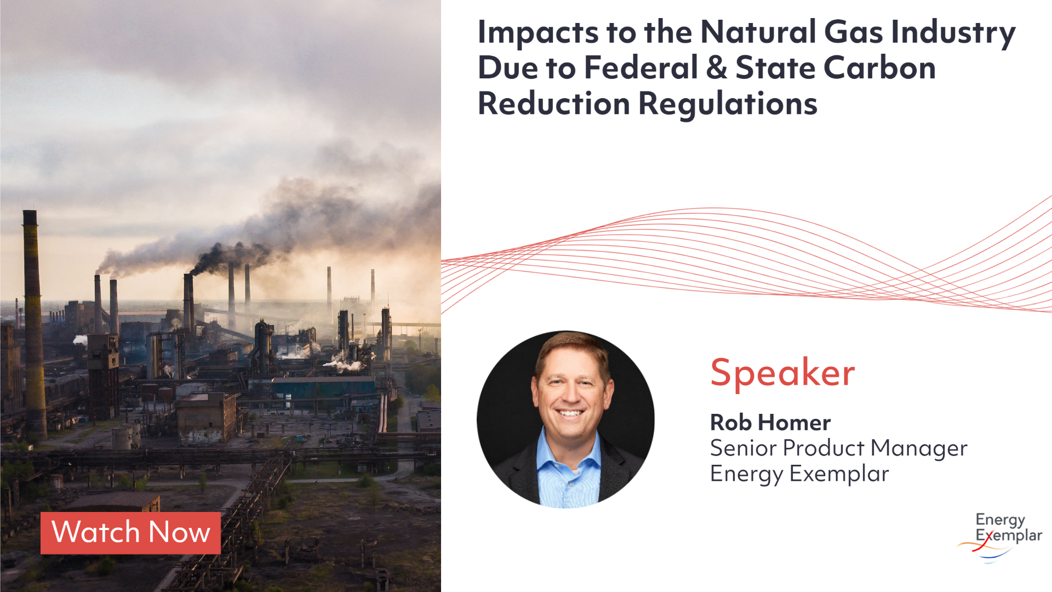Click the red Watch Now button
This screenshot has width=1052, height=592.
pos(130,533)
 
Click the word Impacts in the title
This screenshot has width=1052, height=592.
pos(538,32)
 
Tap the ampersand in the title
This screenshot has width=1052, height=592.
pos(716,68)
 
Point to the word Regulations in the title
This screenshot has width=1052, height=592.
pos(728,104)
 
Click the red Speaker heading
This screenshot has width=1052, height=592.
pos(782,373)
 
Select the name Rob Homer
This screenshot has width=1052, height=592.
pos(770,423)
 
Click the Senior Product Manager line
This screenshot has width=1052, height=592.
pos(838,448)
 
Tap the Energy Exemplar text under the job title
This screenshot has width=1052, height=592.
pos(799,474)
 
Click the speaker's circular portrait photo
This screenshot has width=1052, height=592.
pos(565,419)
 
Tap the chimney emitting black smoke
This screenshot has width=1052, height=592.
pos(188,301)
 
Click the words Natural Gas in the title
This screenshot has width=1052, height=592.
pos(791,32)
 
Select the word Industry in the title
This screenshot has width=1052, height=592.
pos(953,32)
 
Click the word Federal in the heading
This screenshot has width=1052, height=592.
pos(641,68)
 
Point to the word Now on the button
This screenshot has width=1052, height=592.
pos(179,533)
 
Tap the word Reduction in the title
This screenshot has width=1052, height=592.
pos(554,104)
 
